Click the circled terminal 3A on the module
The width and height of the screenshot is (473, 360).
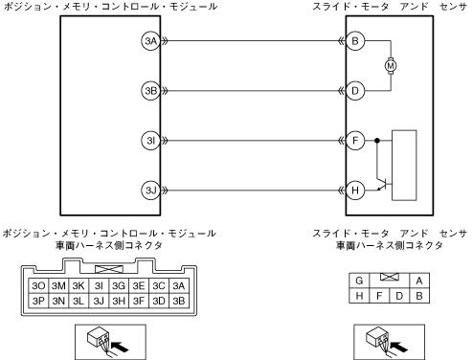pyautogui.click(x=150, y=41)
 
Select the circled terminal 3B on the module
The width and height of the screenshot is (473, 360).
pyautogui.click(x=150, y=91)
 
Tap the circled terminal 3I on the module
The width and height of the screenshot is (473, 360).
pyautogui.click(x=150, y=141)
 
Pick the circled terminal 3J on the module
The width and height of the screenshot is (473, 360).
pyautogui.click(x=150, y=191)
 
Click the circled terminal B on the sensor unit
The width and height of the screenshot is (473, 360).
pyautogui.click(x=355, y=41)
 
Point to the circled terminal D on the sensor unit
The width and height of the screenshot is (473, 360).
pyautogui.click(x=355, y=91)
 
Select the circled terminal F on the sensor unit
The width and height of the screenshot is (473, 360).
pyautogui.click(x=355, y=141)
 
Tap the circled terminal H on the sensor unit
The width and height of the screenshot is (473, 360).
pyautogui.click(x=355, y=191)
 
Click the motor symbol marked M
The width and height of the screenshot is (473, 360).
pyautogui.click(x=391, y=66)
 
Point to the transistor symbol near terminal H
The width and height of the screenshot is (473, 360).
pyautogui.click(x=382, y=184)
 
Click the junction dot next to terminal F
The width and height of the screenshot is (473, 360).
pyautogui.click(x=377, y=141)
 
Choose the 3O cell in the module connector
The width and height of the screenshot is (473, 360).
pyautogui.click(x=38, y=285)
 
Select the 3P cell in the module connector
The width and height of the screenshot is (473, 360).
pyautogui.click(x=38, y=301)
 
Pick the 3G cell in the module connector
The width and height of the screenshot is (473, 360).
pyautogui.click(x=119, y=285)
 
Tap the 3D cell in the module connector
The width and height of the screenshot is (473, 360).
pyautogui.click(x=159, y=301)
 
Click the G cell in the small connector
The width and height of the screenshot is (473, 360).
pyautogui.click(x=359, y=281)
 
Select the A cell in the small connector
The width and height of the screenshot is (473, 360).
pyautogui.click(x=419, y=281)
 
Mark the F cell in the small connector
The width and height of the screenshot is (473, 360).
pyautogui.click(x=379, y=296)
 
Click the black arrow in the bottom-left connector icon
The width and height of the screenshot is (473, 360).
pyautogui.click(x=121, y=347)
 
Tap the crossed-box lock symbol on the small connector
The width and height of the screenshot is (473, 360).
pyautogui.click(x=390, y=277)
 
